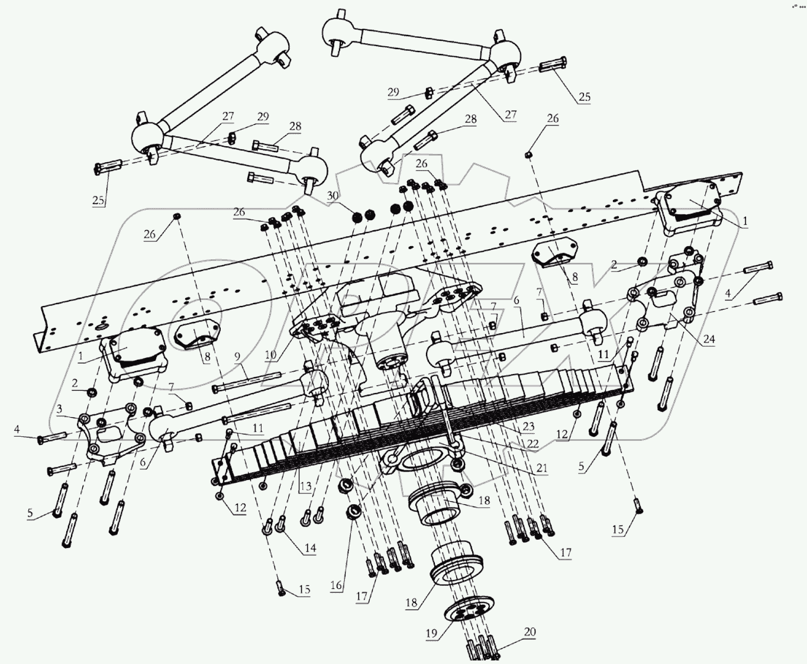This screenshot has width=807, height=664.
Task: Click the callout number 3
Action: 59,409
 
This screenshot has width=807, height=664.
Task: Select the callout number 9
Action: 238,357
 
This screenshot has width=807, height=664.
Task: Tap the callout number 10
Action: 271,355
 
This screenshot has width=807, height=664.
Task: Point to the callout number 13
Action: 305,486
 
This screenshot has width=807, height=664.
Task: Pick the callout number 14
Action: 310,548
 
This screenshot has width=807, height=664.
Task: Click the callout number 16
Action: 336,585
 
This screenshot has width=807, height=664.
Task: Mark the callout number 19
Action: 431,633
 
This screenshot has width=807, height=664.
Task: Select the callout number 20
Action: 530,631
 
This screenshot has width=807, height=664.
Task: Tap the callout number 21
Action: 542,468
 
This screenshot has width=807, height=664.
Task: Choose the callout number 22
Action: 533,443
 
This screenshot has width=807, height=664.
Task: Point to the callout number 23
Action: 528,426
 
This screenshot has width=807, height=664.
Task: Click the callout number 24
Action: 709,339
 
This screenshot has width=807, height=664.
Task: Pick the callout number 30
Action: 333,196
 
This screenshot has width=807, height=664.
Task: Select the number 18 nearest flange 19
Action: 411,603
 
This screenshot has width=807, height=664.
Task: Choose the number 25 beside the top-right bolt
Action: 584,96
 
